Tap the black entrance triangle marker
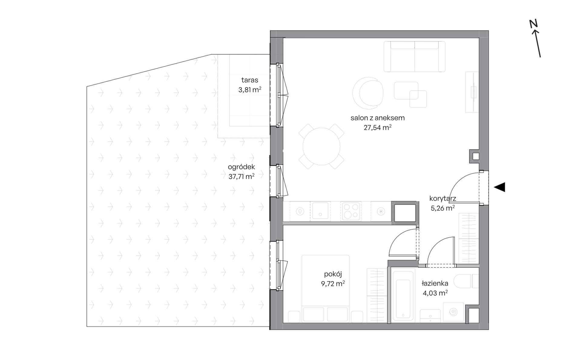[500, 187]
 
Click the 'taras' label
[250, 80]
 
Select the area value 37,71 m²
[241, 176]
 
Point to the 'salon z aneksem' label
[377, 118]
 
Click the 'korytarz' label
[442, 199]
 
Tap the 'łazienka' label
[435, 283]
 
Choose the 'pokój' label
[333, 274]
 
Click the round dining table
[321, 146]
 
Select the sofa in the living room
[414, 57]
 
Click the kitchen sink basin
[320, 210]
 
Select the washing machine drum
[453, 312]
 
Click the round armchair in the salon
[367, 93]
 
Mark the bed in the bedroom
[325, 289]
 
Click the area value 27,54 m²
[377, 127]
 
